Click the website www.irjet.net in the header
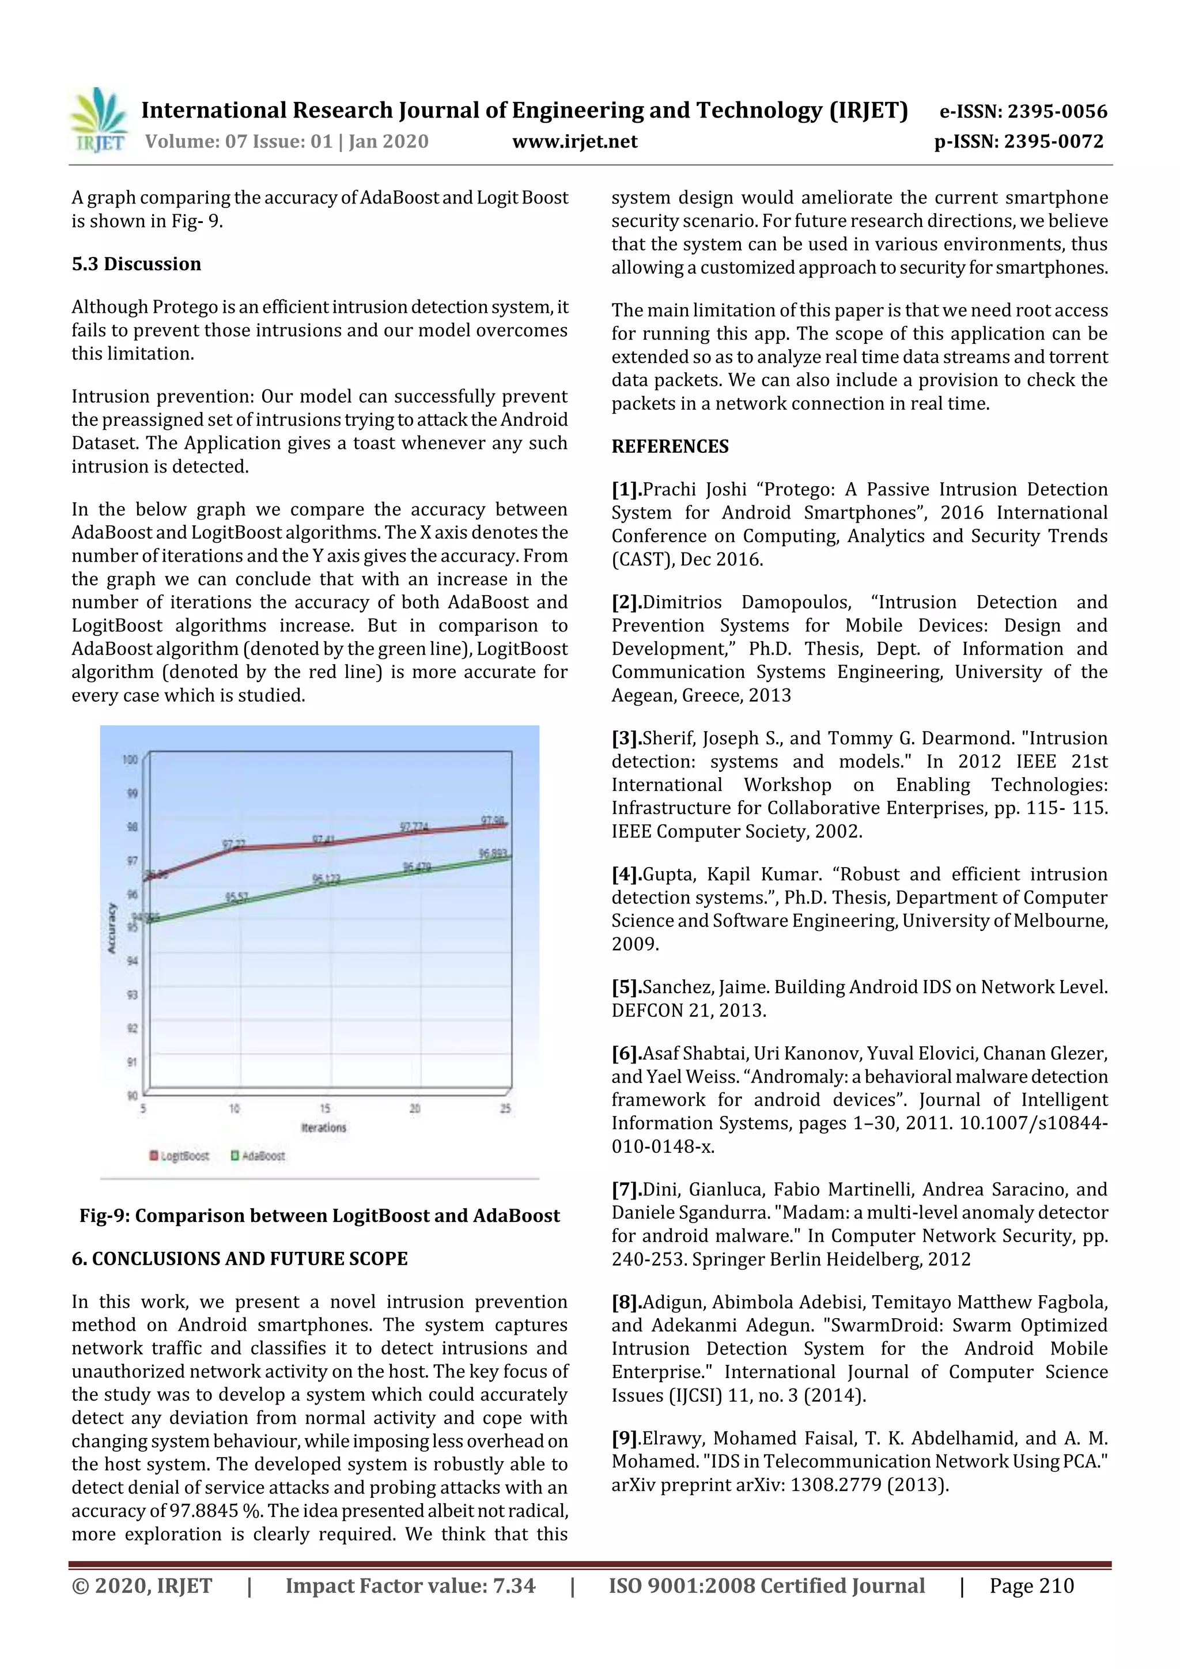coord(574,142)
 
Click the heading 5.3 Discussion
coord(136,264)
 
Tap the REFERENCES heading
coord(670,446)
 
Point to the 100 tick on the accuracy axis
coord(130,760)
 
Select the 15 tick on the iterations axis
coord(325,1108)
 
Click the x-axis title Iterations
coord(324,1127)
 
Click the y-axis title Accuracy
coord(112,928)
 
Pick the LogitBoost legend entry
coord(180,1156)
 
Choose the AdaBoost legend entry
coord(258,1156)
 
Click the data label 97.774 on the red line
coord(414,827)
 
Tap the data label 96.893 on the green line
coord(493,853)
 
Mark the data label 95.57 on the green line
coord(236,897)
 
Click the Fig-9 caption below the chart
coord(319,1216)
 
